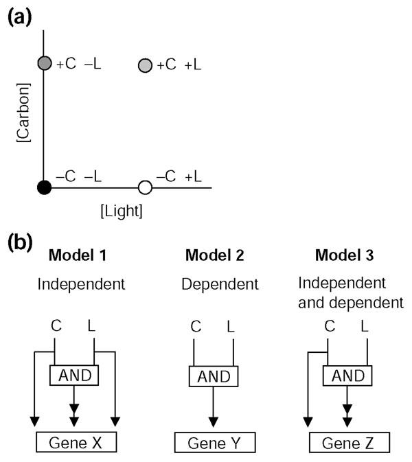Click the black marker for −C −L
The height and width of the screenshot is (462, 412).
(45, 187)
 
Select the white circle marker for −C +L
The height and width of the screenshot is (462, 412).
(145, 187)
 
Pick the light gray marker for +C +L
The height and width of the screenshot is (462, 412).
(145, 66)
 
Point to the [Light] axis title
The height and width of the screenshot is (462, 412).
(122, 211)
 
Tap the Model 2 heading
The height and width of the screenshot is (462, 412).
(214, 257)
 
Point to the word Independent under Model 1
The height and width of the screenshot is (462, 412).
(87, 283)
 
